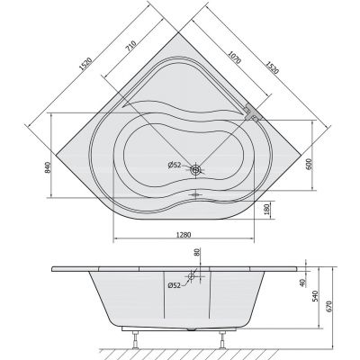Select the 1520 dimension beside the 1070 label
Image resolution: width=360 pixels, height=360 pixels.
[x=271, y=65]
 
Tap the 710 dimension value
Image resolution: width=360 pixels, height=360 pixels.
[x=131, y=46]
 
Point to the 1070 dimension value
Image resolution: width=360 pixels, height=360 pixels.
[x=234, y=56]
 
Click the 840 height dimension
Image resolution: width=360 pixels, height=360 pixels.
[x=48, y=166]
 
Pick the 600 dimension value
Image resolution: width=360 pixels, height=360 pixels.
[x=310, y=164]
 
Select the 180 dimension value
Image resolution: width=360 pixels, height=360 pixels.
[x=267, y=211]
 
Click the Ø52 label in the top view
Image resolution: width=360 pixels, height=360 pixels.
[x=175, y=165]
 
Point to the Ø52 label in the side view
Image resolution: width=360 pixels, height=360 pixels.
[x=175, y=285]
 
